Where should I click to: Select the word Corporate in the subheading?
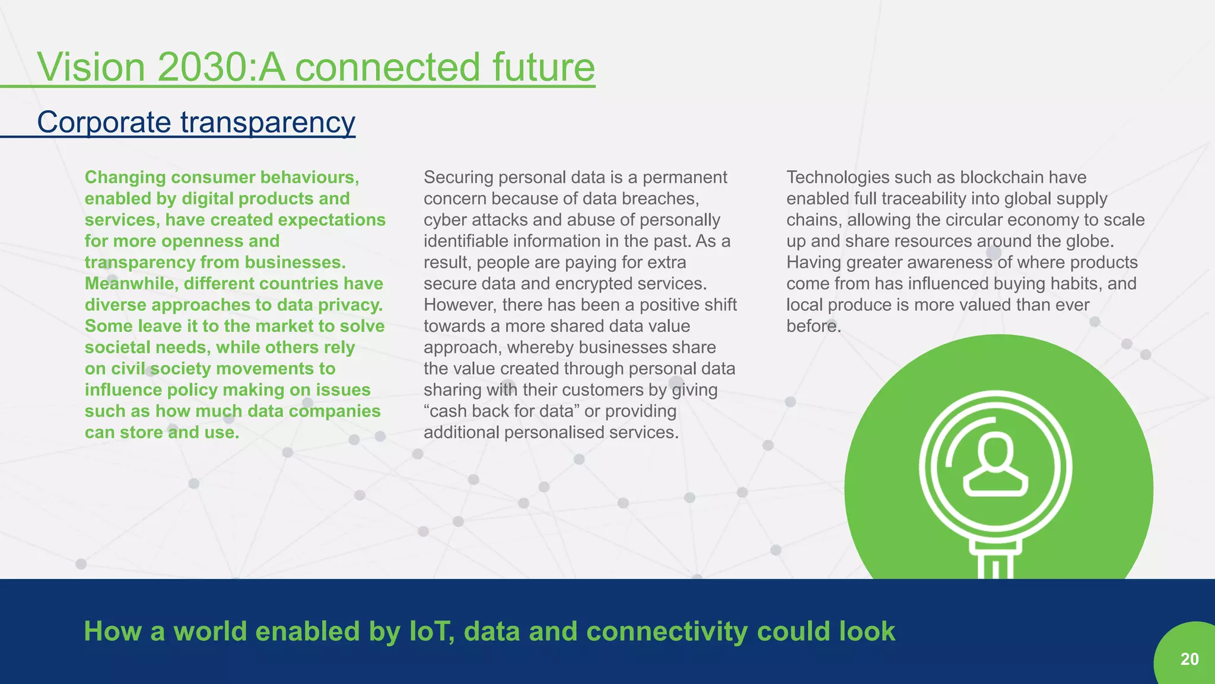(x=104, y=123)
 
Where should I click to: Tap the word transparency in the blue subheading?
(x=268, y=123)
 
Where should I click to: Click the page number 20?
(x=1189, y=659)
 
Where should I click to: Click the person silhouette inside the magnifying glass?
(x=995, y=465)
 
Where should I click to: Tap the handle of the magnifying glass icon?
(x=995, y=560)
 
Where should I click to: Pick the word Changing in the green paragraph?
(x=125, y=177)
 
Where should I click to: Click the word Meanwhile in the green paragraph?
(x=131, y=283)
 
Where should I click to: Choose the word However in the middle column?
(x=460, y=305)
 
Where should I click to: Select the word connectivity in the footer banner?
(x=667, y=631)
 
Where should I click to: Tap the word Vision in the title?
(x=91, y=67)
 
